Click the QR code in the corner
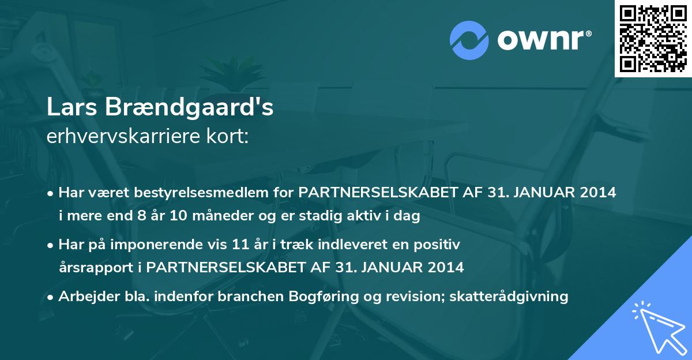point(653,38)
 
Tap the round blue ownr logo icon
point(469,40)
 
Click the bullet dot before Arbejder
point(51,298)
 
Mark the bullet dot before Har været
point(51,194)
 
